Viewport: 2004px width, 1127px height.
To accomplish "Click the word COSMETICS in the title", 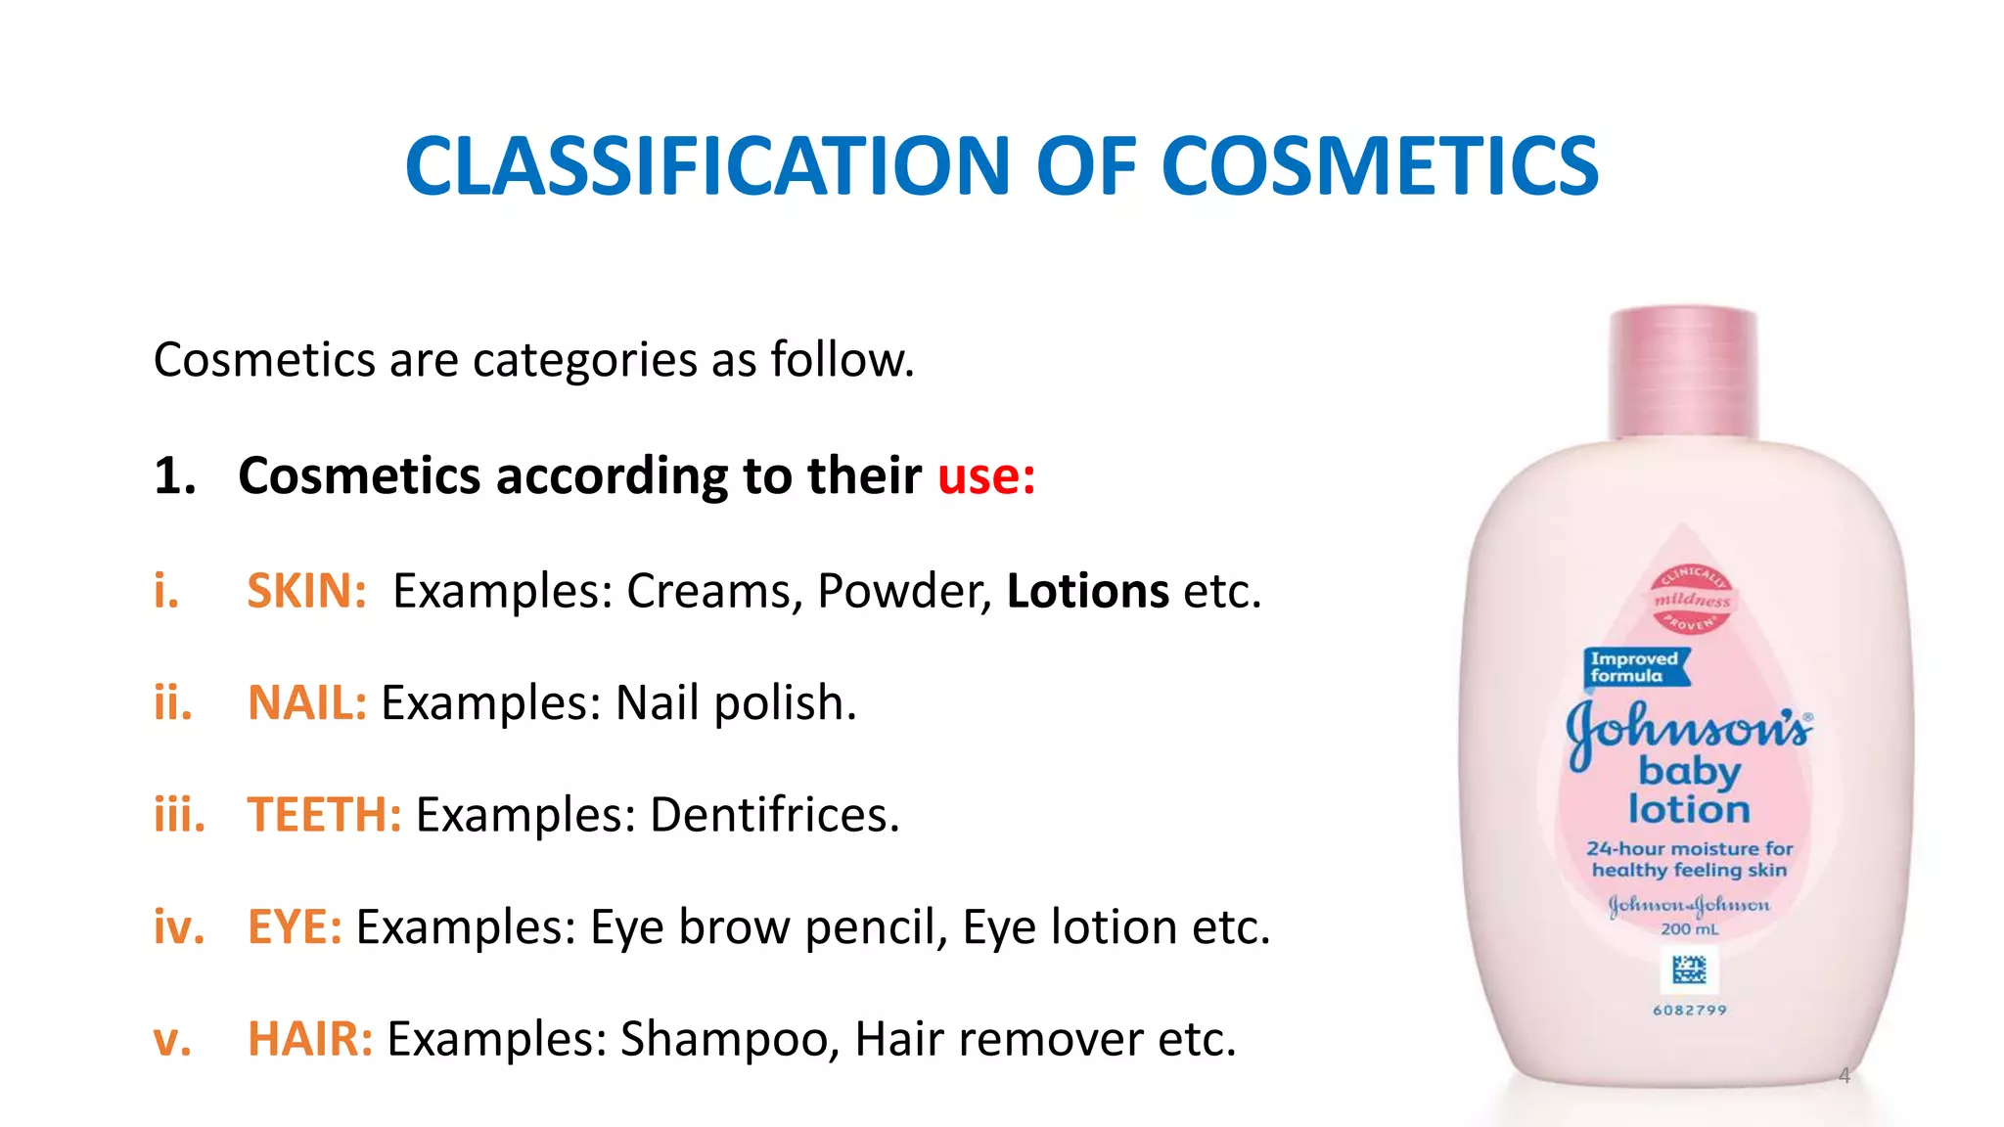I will point(1380,166).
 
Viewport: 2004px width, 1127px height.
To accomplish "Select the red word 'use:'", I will point(986,476).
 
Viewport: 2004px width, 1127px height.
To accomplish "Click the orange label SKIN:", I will point(306,591).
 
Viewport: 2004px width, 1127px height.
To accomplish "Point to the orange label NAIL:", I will point(306,703).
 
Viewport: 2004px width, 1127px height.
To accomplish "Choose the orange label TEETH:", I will point(324,815).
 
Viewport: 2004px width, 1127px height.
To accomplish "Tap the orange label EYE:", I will point(295,926).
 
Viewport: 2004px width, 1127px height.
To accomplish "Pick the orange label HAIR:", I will point(310,1039).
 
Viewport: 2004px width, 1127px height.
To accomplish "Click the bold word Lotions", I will point(1088,591).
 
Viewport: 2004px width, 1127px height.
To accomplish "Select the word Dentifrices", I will point(774,815).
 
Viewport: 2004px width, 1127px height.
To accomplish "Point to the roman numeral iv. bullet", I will point(179,926).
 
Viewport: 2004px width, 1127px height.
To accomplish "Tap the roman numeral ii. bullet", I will point(173,703).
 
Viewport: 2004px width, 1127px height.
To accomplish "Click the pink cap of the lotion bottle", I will point(1683,372).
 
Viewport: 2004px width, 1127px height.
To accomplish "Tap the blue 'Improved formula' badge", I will point(1635,667).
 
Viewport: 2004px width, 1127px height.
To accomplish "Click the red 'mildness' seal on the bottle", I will point(1692,598).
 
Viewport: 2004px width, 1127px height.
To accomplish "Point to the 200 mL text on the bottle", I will point(1689,928).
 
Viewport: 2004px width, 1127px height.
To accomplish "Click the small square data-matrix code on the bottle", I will point(1689,970).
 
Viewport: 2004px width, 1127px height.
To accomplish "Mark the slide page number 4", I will point(1844,1076).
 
